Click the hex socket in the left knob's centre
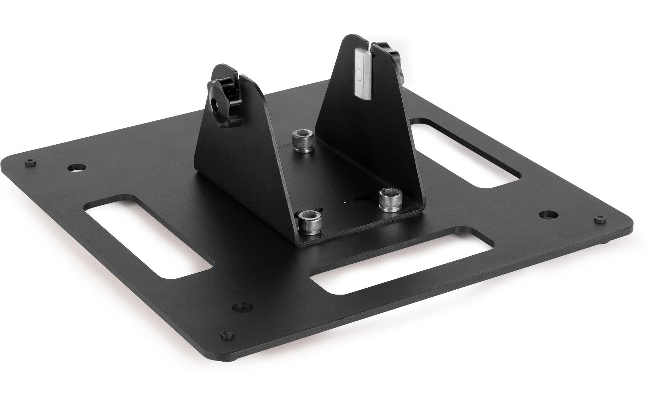pos(216,103)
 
